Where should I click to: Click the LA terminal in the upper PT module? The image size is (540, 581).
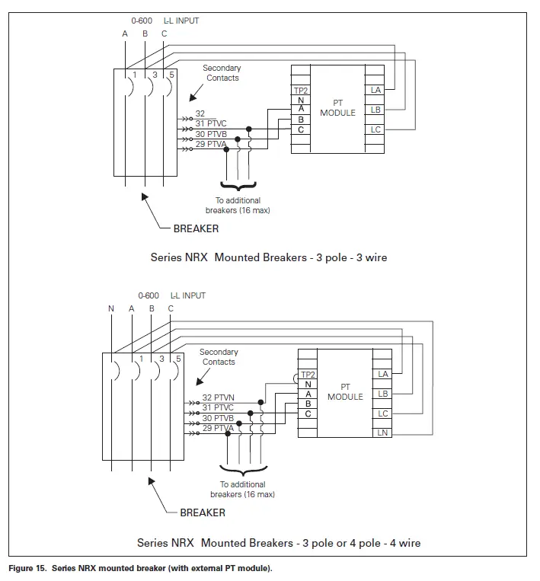[375, 90]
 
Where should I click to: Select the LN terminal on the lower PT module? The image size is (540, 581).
[382, 433]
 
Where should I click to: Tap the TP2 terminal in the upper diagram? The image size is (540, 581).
[301, 91]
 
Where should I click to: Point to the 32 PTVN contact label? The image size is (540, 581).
[218, 397]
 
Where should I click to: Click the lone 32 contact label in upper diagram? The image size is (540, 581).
[200, 113]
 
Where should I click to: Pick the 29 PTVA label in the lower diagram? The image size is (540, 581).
[218, 428]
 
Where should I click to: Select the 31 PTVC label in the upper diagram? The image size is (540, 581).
[210, 123]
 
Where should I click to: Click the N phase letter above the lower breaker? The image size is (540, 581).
[111, 308]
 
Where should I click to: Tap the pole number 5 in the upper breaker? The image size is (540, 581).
[171, 75]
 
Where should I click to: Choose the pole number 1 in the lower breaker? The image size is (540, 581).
[141, 359]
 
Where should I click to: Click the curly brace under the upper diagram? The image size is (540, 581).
[238, 186]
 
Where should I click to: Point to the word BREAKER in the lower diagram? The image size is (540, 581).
[203, 512]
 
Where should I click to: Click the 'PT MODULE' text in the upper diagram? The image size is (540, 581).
[337, 108]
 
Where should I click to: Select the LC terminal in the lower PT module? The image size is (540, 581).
[382, 413]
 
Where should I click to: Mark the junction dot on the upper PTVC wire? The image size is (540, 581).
[249, 129]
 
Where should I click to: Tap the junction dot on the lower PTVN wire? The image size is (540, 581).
[261, 402]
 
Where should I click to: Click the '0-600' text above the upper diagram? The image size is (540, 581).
[142, 21]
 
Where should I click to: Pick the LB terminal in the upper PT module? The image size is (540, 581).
[375, 110]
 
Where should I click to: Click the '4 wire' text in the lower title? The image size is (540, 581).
[405, 543]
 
